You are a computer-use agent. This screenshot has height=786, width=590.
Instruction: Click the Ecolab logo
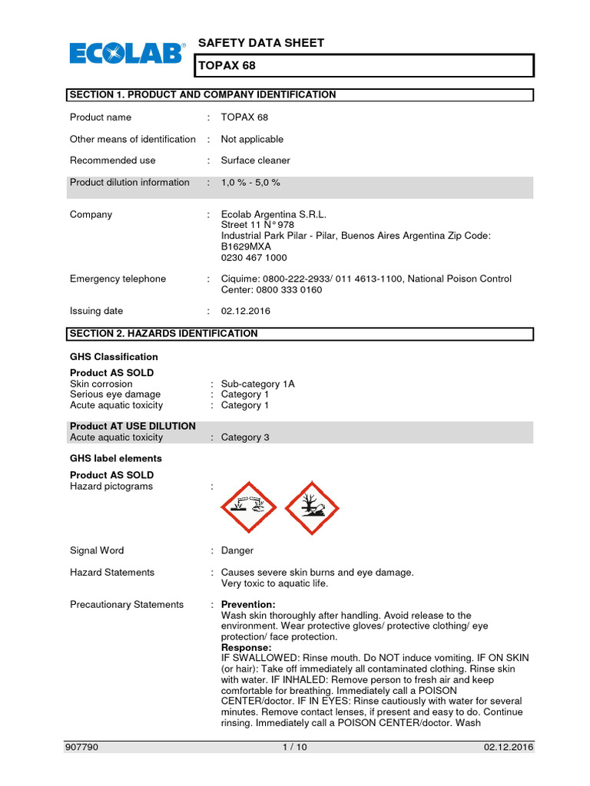coord(128,53)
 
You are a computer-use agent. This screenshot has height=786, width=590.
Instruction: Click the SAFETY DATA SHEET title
coord(261,43)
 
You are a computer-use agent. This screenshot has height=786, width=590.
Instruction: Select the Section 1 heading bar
coord(300,95)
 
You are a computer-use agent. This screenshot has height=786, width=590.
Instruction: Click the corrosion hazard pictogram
coord(247,508)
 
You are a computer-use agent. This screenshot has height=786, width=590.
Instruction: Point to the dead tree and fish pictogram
coord(311,508)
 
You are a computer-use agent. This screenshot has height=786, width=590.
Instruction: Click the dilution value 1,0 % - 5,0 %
coord(250,183)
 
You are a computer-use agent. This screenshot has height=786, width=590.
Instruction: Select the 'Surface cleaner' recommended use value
coord(255,160)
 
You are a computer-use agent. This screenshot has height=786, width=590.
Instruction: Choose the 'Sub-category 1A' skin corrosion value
coord(257,384)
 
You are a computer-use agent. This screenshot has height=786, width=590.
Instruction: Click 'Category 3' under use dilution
coord(244,438)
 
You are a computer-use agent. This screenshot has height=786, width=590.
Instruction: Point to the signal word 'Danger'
coord(237,550)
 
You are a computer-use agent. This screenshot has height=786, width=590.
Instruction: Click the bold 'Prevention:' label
coord(247,605)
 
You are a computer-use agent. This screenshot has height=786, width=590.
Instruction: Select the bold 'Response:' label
coord(246,648)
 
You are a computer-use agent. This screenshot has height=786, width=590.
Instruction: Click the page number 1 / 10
coord(294,747)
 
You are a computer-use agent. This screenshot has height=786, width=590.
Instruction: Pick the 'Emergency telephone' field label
coord(118,279)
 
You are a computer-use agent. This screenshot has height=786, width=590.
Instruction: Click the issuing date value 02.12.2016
coord(245,312)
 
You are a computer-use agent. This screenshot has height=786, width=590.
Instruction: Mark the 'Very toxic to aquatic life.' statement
coord(274,583)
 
